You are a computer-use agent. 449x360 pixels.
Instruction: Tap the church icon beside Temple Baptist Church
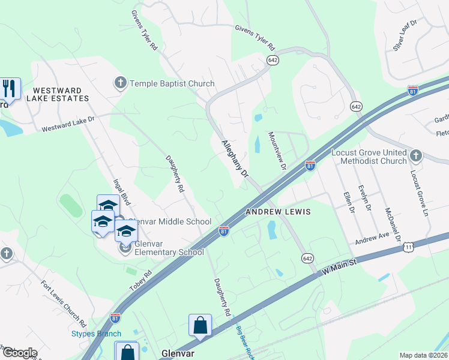pos(120,83)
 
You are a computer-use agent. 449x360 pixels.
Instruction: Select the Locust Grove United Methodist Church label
pos(369,157)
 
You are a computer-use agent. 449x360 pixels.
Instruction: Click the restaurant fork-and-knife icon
pos(9,88)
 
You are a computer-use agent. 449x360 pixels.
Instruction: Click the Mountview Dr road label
pos(277,149)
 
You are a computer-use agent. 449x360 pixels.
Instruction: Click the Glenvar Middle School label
pos(170,221)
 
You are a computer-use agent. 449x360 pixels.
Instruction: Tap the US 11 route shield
pos(408,246)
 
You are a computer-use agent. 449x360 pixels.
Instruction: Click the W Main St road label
pos(339,264)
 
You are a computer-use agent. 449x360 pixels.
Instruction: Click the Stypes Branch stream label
pos(96,334)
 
